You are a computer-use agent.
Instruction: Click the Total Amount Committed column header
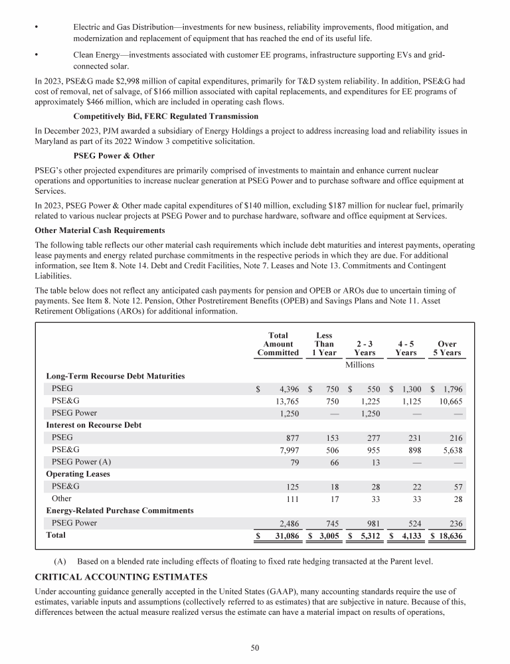(278, 344)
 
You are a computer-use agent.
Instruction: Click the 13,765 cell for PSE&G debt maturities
(286, 401)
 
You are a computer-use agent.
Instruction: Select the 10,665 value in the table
(450, 401)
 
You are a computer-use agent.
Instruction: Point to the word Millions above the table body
(360, 365)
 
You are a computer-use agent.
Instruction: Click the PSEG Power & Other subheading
(114, 156)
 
